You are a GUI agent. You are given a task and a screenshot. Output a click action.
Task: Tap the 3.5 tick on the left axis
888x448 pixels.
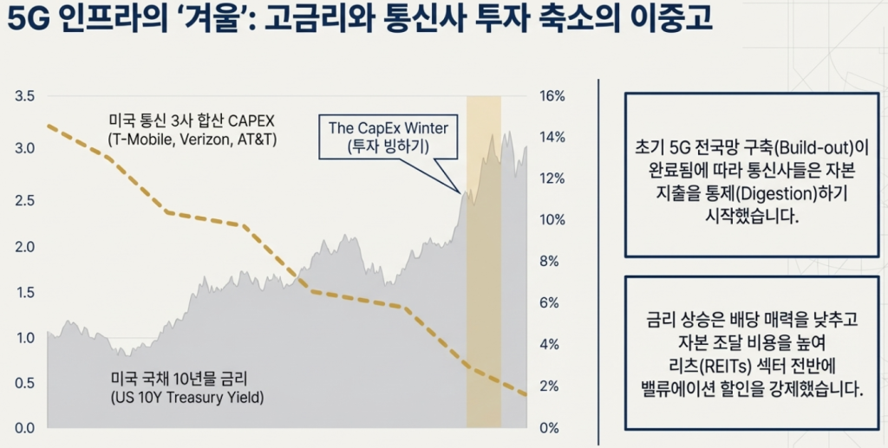click(24, 95)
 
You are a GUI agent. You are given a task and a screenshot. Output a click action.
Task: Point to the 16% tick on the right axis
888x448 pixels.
click(552, 95)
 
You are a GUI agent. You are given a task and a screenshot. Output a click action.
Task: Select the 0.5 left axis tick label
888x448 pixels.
click(24, 383)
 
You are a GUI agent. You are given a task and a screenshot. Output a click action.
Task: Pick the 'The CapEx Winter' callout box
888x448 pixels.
click(388, 136)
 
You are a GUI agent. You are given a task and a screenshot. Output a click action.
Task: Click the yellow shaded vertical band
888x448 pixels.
click(484, 260)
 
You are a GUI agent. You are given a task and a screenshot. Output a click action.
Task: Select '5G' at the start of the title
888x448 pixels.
click(27, 19)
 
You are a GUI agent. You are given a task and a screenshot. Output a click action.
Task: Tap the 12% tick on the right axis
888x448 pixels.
click(552, 179)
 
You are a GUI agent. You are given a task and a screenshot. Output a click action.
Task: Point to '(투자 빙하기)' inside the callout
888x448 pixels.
click(388, 146)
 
